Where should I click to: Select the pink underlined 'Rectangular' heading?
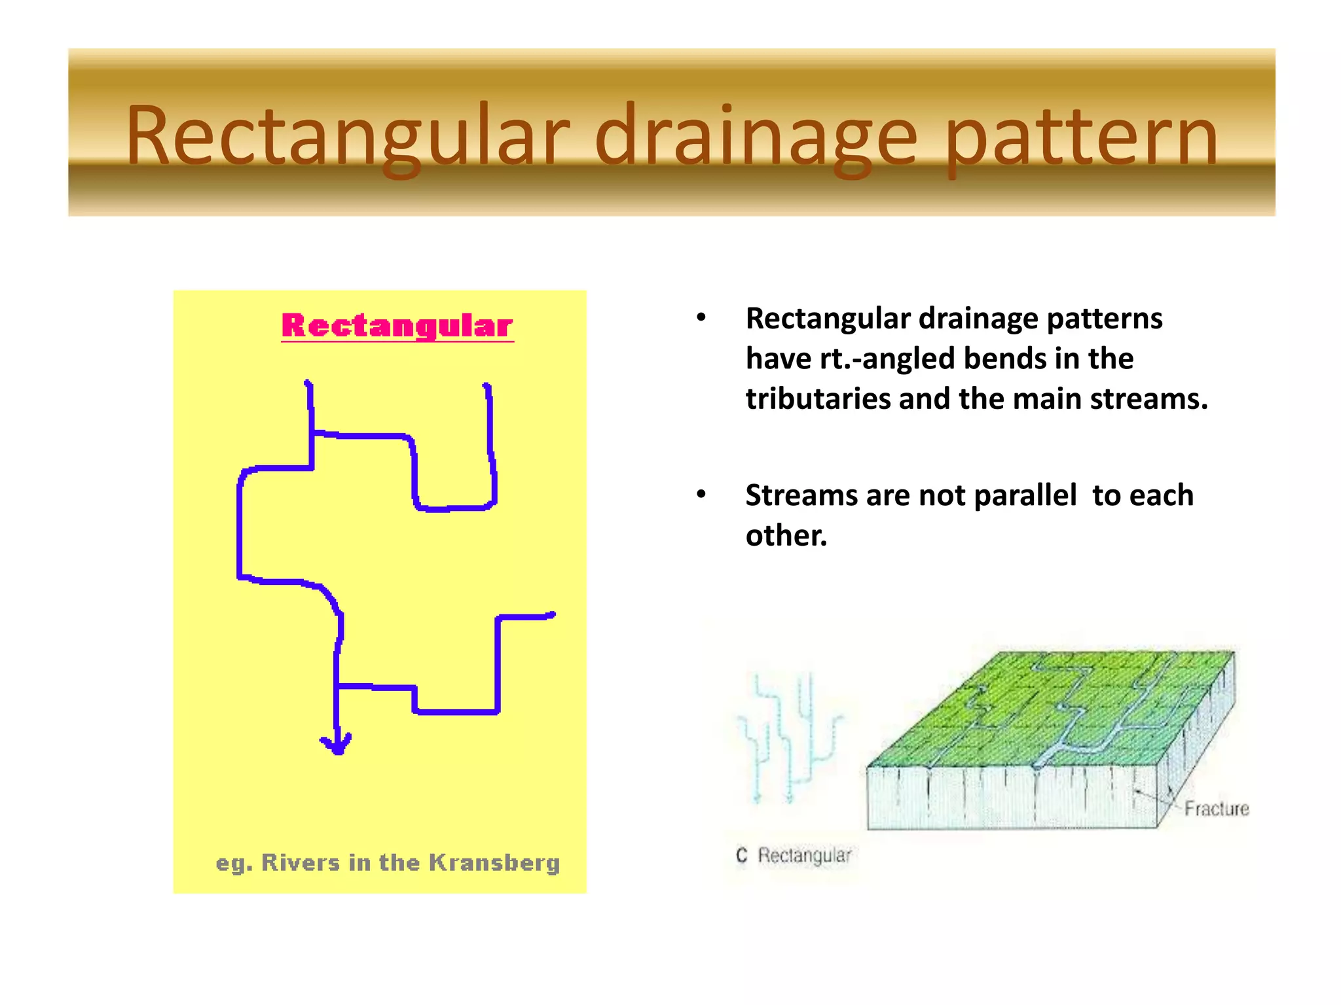point(397,326)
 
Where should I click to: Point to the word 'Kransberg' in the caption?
point(494,863)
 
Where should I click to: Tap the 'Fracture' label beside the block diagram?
point(1216,809)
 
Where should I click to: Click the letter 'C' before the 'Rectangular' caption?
point(741,855)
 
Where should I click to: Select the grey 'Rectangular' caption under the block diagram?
point(804,855)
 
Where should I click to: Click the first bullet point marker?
point(701,318)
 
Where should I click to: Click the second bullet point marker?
point(701,495)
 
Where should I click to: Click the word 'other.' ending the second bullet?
point(786,535)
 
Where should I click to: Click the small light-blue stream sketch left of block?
point(789,736)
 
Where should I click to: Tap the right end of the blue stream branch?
point(552,615)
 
